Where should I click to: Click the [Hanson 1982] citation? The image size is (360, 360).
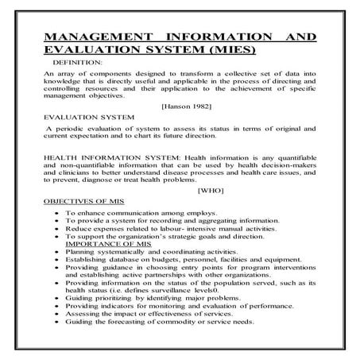[185, 105]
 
